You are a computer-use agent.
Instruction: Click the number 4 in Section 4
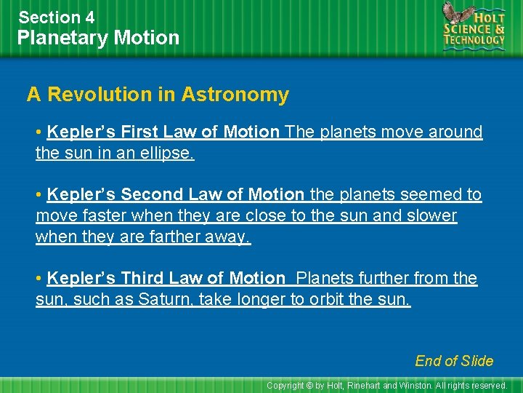89,17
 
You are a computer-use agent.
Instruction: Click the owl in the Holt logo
456,15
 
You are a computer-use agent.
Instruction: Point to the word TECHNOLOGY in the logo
475,41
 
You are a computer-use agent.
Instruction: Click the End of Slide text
454,361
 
